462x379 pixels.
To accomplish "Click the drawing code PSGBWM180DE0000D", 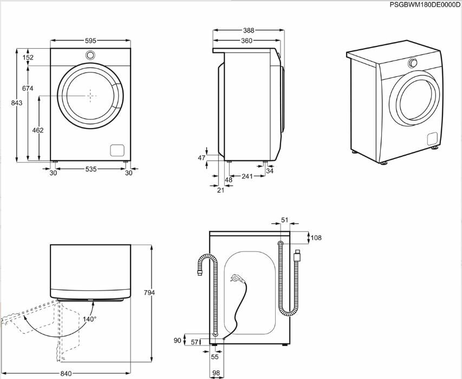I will point(425,4).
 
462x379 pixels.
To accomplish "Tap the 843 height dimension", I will point(19,103).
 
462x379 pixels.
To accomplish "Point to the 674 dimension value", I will point(28,88).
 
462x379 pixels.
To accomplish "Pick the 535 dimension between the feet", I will point(90,169).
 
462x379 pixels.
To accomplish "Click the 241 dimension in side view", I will point(247,177).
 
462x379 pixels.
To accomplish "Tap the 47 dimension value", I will point(201,158).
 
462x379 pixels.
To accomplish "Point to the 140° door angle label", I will point(89,319).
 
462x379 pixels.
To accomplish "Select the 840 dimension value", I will point(66,374).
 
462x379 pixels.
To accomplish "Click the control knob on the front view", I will point(90,55).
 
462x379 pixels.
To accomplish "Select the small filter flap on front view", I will point(118,150).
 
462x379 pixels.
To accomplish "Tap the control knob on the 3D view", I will point(413,63).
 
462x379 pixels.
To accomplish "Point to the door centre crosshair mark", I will point(90,95).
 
